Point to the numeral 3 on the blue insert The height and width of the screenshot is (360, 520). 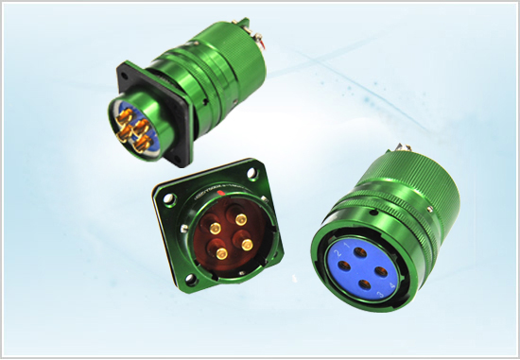pyautogui.click(x=379, y=295)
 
